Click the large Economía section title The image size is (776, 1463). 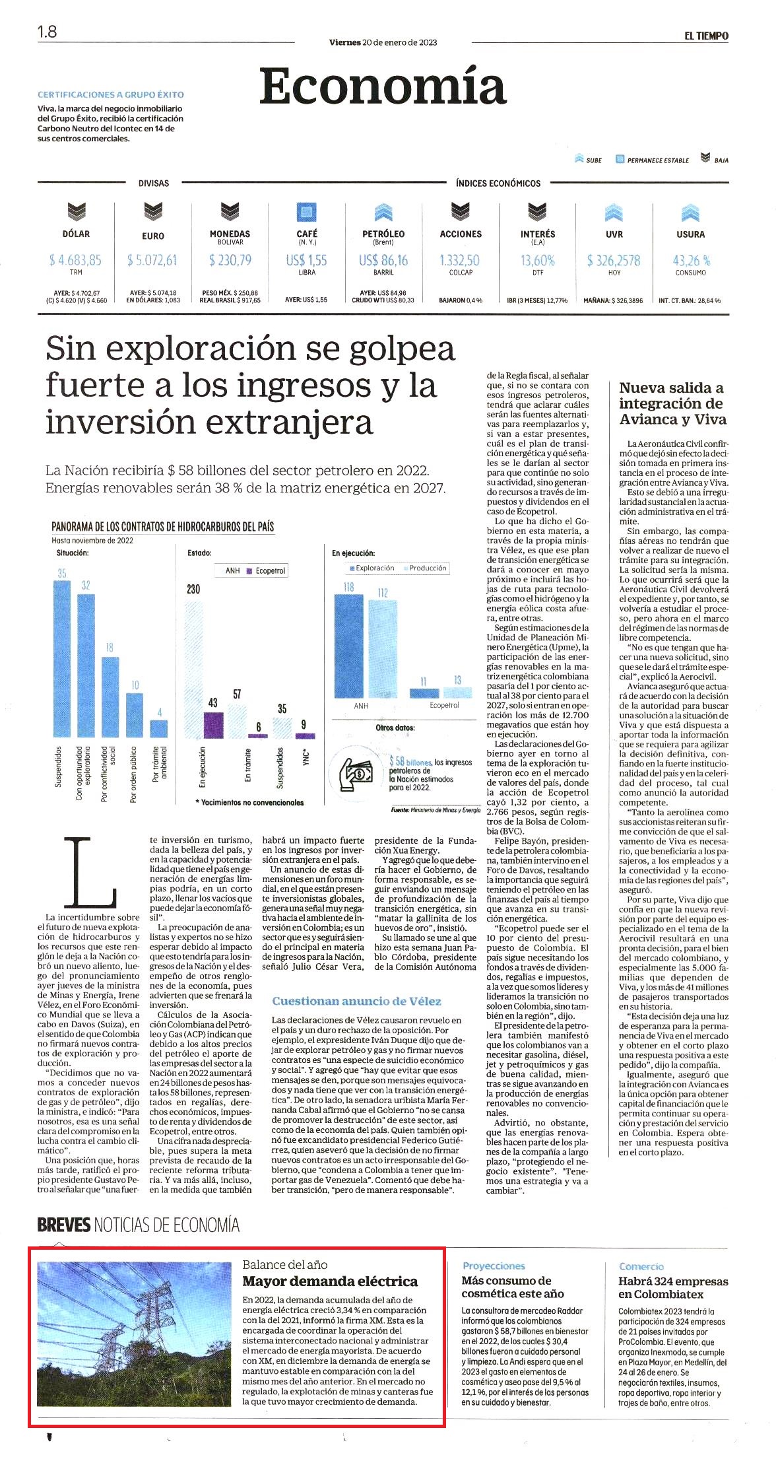pos(383,86)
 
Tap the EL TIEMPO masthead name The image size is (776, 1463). pos(706,36)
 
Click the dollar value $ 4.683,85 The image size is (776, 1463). pos(75,260)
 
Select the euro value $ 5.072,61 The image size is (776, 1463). pos(152,260)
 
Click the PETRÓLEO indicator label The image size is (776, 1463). pos(383,234)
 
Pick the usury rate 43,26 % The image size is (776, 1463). pos(691,260)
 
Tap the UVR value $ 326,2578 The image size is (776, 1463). pos(614,260)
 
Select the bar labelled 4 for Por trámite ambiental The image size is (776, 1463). pos(159,728)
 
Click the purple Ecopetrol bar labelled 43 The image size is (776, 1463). pos(213,725)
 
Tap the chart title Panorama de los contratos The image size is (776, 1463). pos(162,526)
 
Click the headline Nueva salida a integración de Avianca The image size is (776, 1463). pos(672,403)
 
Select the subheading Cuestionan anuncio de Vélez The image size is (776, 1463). pos(356,1001)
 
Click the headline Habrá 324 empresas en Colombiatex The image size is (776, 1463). pos(673,1287)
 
